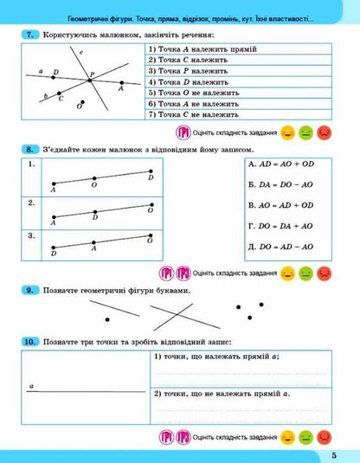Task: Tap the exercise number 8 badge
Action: coord(32,151)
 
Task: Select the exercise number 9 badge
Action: coord(32,289)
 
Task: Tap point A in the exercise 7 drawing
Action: coord(120,85)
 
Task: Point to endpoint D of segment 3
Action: coord(54,247)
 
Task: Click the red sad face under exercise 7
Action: coord(324,132)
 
